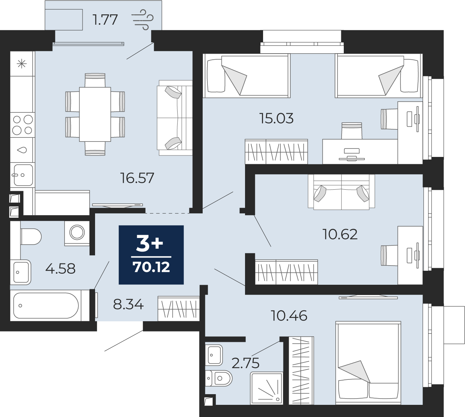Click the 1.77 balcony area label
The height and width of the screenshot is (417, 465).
(105, 20)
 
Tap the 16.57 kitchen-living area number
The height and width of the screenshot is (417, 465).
(137, 178)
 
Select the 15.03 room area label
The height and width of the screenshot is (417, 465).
(276, 118)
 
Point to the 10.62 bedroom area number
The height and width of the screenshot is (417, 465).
(340, 234)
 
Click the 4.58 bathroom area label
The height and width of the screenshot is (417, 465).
(60, 269)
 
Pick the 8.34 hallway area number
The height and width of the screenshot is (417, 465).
(128, 305)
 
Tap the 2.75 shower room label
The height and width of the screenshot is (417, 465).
(245, 363)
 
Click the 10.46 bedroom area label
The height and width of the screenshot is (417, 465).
(289, 316)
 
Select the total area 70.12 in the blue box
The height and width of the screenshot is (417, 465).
(151, 267)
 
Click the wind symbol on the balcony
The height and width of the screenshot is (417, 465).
(143, 20)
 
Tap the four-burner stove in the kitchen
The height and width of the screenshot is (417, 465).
(22, 125)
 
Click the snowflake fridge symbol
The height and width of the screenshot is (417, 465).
(22, 64)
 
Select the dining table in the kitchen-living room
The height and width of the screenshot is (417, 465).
(95, 114)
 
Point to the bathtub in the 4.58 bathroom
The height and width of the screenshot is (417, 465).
(46, 305)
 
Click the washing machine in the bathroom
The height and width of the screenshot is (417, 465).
(77, 234)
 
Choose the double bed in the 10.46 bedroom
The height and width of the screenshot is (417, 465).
(368, 362)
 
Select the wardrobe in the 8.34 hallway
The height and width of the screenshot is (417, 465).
(179, 308)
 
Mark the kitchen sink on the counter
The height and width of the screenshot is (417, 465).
(22, 175)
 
